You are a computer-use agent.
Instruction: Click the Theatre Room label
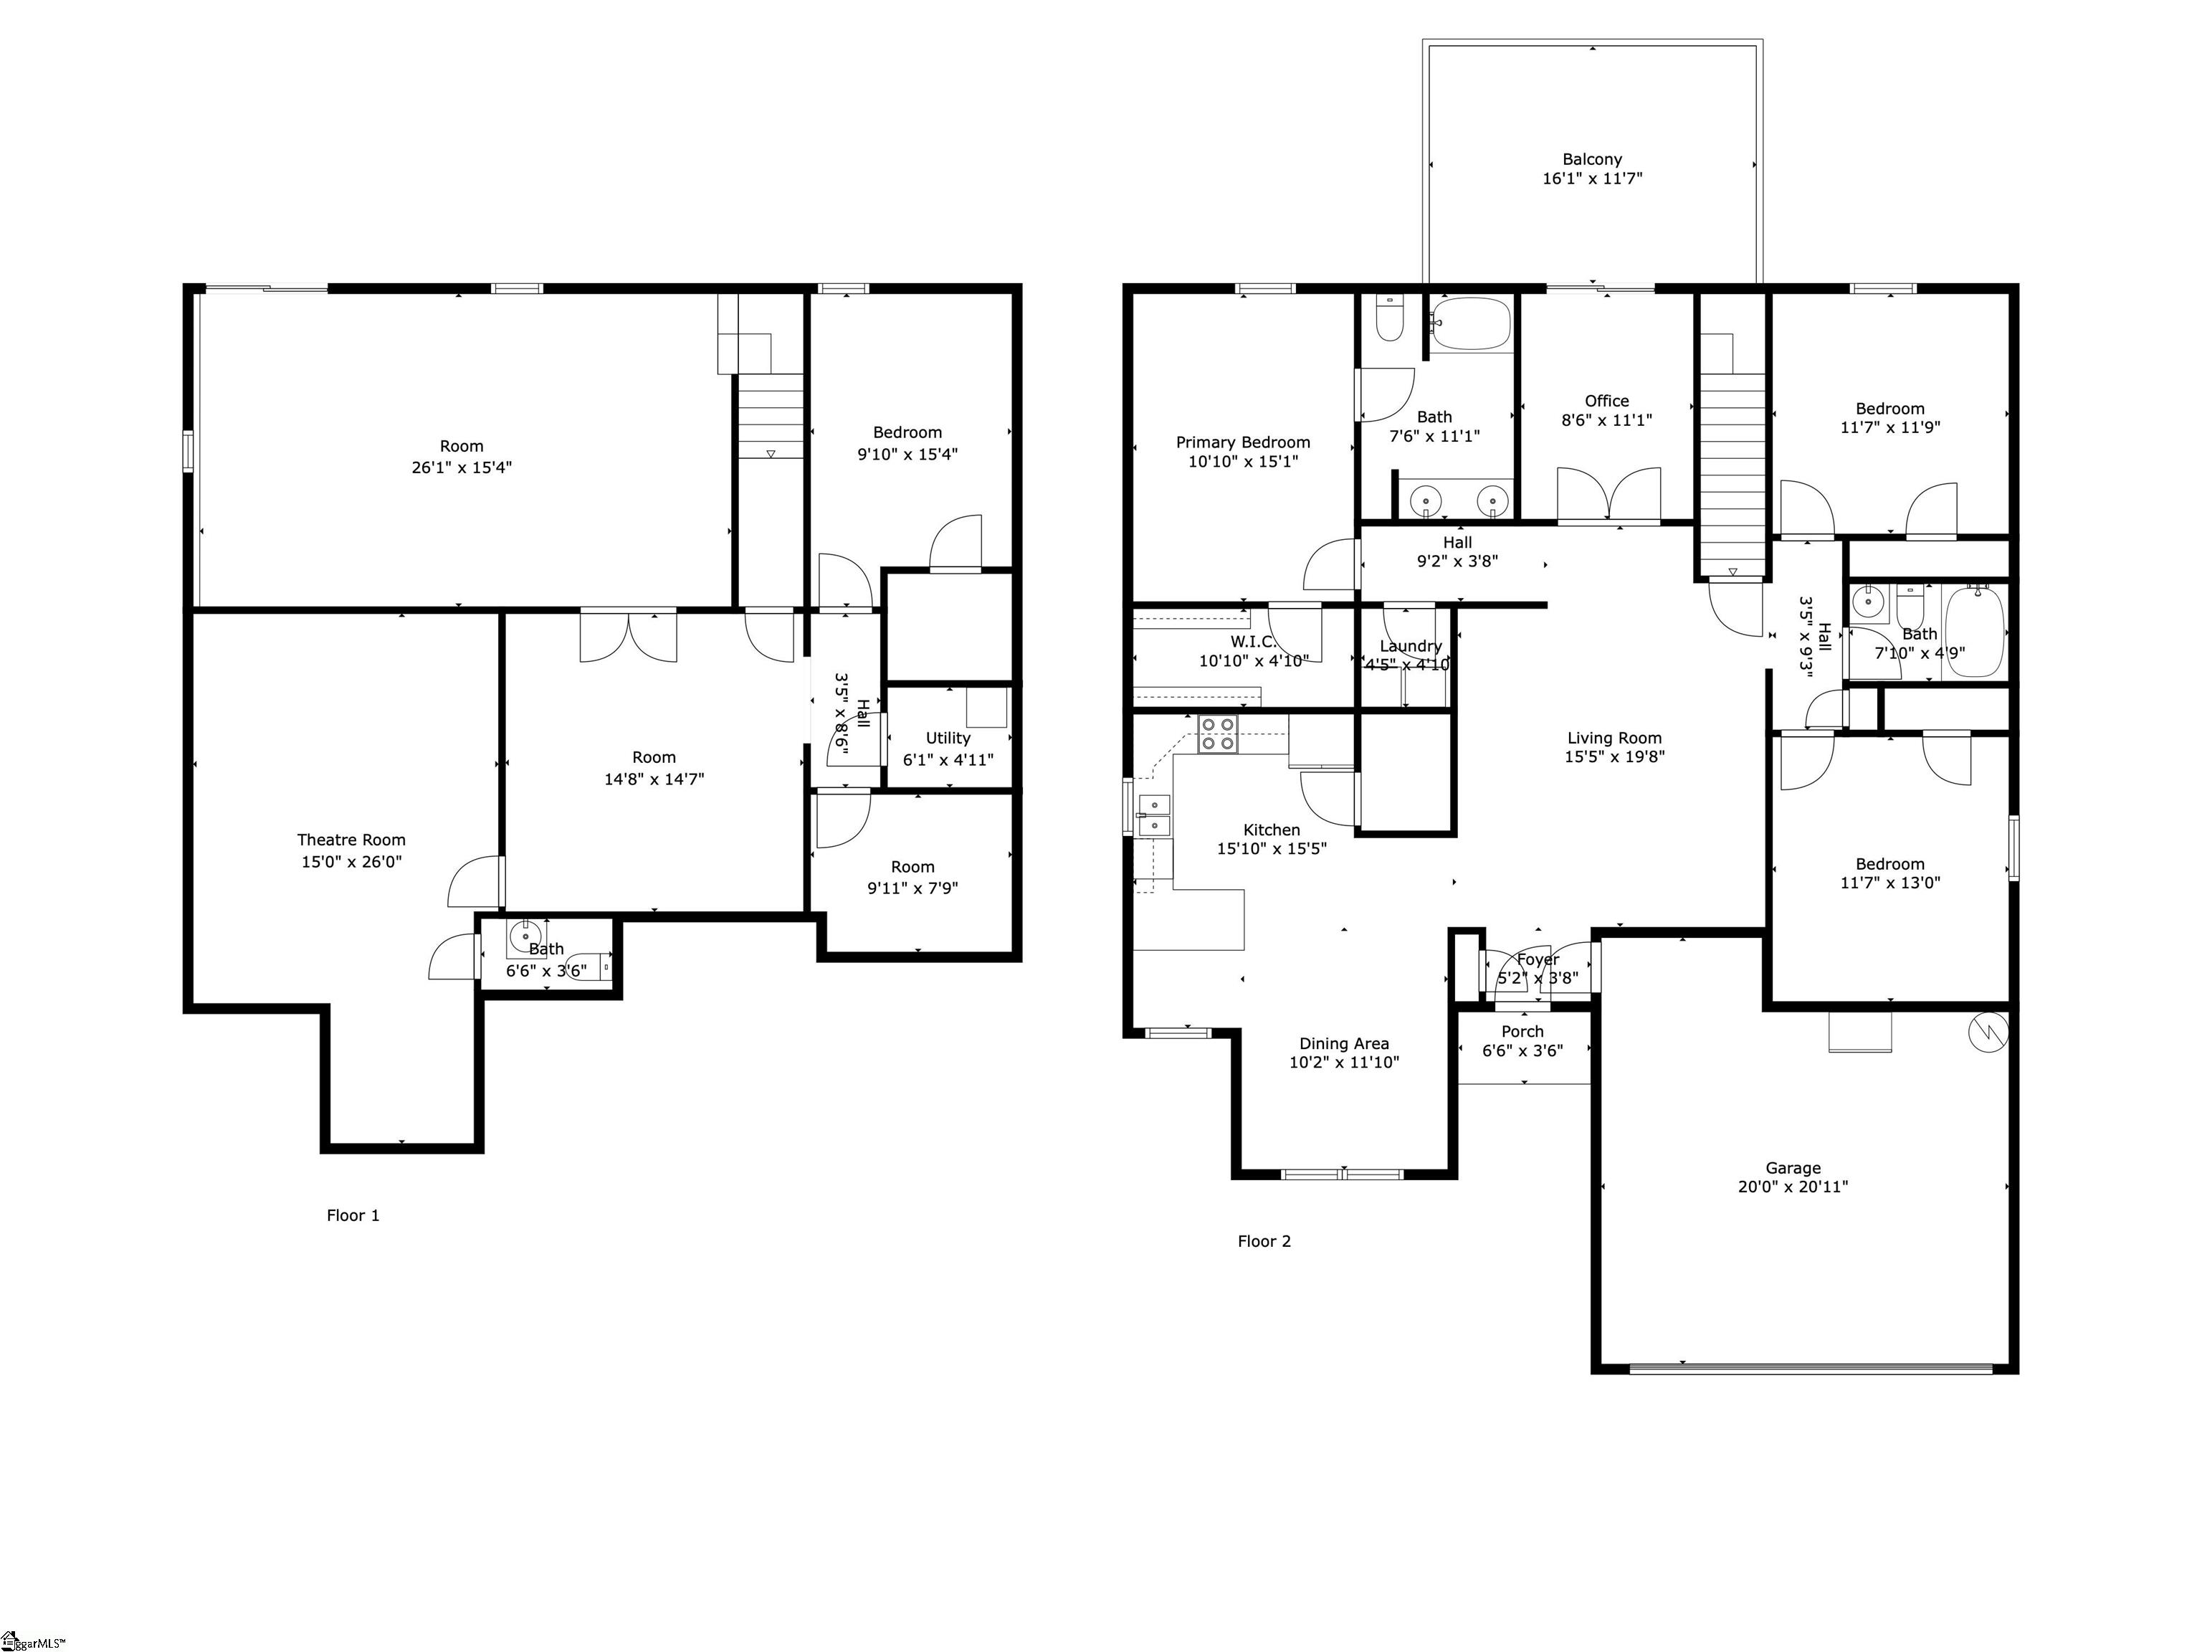click(351, 840)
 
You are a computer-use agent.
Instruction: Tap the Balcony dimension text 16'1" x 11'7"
click(1592, 179)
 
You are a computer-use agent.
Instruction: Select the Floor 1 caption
click(353, 1215)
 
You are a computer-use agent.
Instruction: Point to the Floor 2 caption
click(1263, 1240)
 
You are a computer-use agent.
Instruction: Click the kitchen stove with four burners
click(1217, 734)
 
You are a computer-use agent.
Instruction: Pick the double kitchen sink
click(1155, 814)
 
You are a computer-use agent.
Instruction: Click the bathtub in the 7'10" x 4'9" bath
click(1973, 631)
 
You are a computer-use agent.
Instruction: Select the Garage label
click(1793, 1168)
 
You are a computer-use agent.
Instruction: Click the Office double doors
click(1608, 495)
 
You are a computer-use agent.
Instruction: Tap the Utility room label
click(947, 738)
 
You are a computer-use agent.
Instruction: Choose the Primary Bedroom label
click(1242, 442)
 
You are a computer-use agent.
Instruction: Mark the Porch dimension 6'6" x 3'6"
click(1522, 1050)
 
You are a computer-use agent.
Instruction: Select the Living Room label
click(1614, 738)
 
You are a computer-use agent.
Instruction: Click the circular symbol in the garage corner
click(1988, 1032)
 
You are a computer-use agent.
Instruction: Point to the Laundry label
click(1410, 646)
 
